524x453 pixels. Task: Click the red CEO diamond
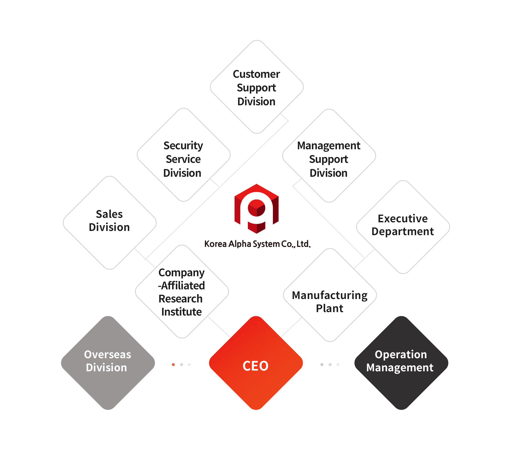(x=256, y=363)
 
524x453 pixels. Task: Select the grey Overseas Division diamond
(x=108, y=363)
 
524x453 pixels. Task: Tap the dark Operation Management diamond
(x=401, y=363)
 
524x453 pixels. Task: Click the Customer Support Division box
(x=257, y=87)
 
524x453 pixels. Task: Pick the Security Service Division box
(x=184, y=155)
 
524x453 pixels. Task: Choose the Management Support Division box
(x=329, y=156)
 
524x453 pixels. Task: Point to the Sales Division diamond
(x=110, y=223)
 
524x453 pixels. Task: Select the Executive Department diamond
(x=403, y=227)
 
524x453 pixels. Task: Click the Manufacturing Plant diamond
(x=330, y=295)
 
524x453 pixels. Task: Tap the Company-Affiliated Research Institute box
(x=182, y=292)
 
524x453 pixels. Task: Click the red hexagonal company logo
(x=256, y=209)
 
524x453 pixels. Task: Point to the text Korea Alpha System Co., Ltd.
(x=257, y=244)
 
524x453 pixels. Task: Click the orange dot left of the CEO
(x=173, y=364)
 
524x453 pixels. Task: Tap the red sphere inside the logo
(x=256, y=208)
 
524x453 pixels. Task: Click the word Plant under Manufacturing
(x=330, y=308)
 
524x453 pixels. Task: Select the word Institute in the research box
(x=182, y=312)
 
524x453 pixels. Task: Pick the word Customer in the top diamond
(x=256, y=74)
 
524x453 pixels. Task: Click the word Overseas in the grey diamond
(x=108, y=355)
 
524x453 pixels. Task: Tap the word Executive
(x=403, y=219)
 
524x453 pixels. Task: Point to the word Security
(x=183, y=146)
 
